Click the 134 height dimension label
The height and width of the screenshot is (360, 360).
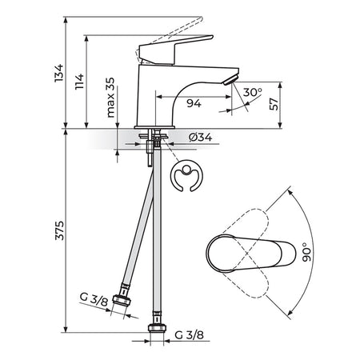(58, 73)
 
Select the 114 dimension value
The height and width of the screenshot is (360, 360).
(79, 82)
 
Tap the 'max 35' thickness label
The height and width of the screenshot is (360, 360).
(110, 98)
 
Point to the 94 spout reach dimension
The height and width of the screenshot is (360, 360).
(194, 102)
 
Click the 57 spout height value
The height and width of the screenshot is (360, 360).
(274, 104)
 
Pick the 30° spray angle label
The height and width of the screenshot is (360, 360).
(252, 92)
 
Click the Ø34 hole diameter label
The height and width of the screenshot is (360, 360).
(201, 137)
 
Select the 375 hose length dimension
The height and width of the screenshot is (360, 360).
(60, 230)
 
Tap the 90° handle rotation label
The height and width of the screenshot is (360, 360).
(307, 252)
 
